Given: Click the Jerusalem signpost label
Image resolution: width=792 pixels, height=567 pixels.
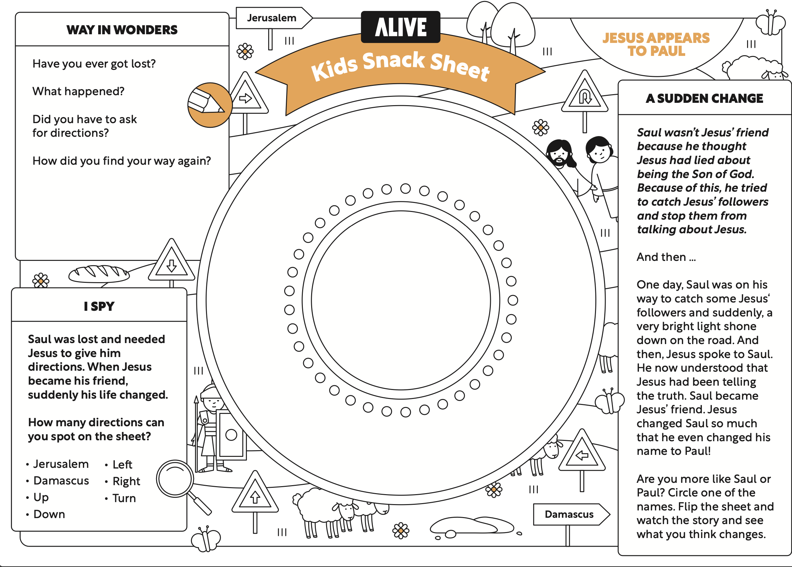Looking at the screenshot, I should point(271,18).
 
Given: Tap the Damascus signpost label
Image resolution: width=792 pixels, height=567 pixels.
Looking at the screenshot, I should point(569,514).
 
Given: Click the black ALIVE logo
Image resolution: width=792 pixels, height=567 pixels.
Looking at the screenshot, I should point(401,27).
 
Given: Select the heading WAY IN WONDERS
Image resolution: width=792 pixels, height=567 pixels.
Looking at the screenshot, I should point(122,30).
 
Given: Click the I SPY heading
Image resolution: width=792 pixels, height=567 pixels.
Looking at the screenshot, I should point(99,306).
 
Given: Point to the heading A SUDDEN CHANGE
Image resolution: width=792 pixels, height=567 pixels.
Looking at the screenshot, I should point(704,98).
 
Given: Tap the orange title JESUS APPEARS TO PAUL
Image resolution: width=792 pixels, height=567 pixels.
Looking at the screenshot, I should point(656,44).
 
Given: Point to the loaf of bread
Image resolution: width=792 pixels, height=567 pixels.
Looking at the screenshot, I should point(99,274).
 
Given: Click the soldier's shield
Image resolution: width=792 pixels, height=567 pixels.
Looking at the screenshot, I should point(231,434).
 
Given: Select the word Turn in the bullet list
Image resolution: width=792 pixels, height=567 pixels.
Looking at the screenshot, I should point(124,498).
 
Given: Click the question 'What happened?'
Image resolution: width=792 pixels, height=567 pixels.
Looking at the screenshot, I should point(78,91).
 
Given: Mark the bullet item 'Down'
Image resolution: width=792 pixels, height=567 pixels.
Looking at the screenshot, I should point(49,514).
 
